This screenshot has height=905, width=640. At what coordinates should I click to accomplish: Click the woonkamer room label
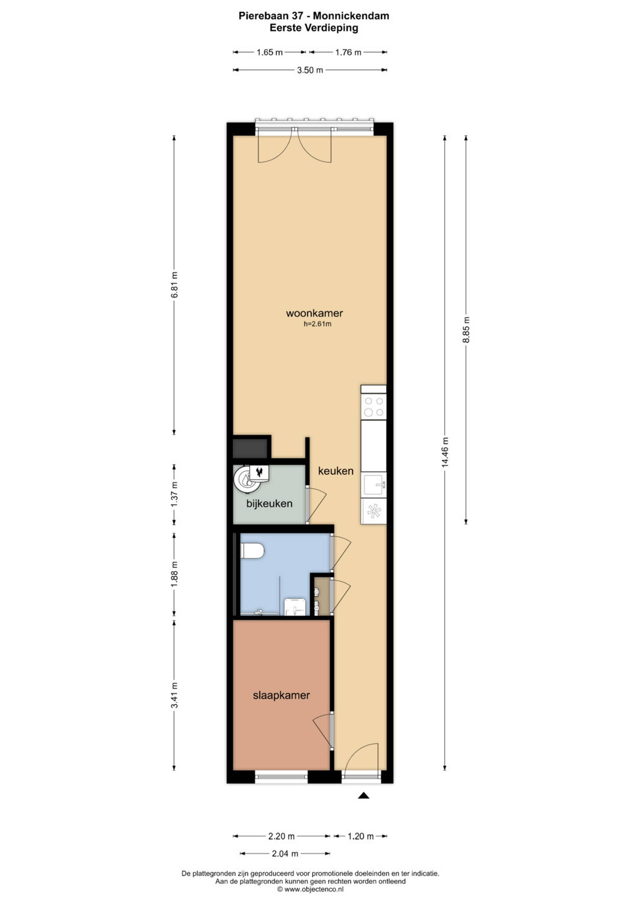[x=314, y=313]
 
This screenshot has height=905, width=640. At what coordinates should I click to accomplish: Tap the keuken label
[x=336, y=471]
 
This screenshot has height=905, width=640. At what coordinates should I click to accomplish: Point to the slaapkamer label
[x=281, y=695]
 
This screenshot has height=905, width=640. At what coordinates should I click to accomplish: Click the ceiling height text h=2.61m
[x=317, y=324]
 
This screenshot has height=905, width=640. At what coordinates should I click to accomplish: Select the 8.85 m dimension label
[x=466, y=329]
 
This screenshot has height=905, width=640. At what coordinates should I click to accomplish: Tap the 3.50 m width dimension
[x=310, y=70]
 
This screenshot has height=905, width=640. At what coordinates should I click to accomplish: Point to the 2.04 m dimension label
[x=285, y=854]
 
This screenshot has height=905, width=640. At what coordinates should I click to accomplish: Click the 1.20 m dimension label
[x=360, y=836]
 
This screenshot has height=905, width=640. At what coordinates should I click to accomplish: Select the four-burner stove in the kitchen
[x=374, y=407]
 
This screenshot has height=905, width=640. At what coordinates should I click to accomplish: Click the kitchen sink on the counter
[x=374, y=485]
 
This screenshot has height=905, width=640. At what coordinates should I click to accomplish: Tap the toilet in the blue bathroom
[x=252, y=551]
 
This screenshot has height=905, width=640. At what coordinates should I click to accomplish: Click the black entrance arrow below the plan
[x=363, y=795]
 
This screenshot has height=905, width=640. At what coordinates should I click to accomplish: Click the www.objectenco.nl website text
[x=314, y=889]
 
